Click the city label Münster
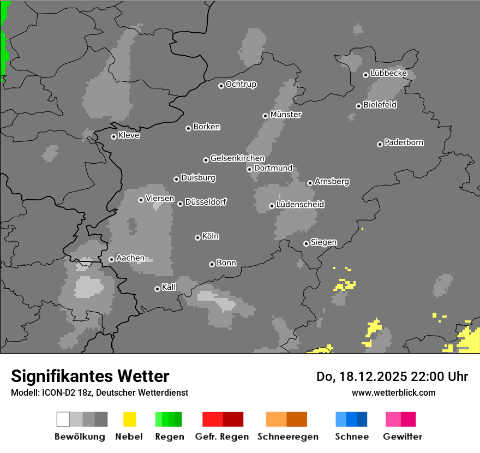pyautogui.click(x=286, y=115)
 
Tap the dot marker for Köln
pyautogui.click(x=197, y=237)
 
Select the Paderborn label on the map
pyautogui.click(x=404, y=142)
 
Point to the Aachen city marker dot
pyautogui.click(x=111, y=259)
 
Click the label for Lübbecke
pyautogui.click(x=388, y=73)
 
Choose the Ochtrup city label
pyautogui.click(x=241, y=84)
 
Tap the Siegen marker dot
pyautogui.click(x=306, y=243)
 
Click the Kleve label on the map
pyautogui.click(x=129, y=135)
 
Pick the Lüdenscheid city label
pyautogui.click(x=300, y=204)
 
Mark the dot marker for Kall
pyautogui.click(x=157, y=289)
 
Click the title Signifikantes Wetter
pyautogui.click(x=90, y=376)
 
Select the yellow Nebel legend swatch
pyautogui.click(x=129, y=419)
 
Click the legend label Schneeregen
pyautogui.click(x=287, y=437)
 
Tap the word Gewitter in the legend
pyautogui.click(x=402, y=437)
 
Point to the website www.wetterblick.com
pyautogui.click(x=393, y=392)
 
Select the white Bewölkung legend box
pyautogui.click(x=63, y=419)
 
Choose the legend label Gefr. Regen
pyautogui.click(x=221, y=437)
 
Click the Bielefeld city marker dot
pyautogui.click(x=358, y=106)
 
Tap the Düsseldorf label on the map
pyautogui.click(x=206, y=202)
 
